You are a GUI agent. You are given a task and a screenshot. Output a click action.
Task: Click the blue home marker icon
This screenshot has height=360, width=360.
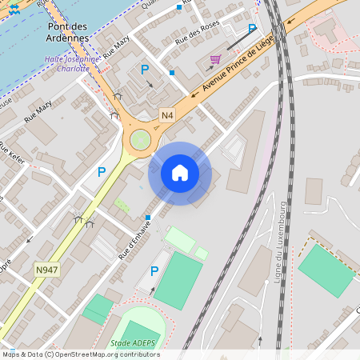pyautogui.click(x=180, y=173)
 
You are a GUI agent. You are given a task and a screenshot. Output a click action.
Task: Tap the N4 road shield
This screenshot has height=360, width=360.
pyautogui.click(x=166, y=114)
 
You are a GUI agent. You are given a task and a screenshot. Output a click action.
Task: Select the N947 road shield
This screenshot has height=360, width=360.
pyautogui.click(x=46, y=270)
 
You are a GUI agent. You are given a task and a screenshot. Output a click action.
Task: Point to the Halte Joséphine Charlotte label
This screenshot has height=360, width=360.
pyautogui.click(x=73, y=63)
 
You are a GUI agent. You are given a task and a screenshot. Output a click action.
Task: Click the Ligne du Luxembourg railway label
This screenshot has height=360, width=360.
pyautogui.click(x=281, y=240)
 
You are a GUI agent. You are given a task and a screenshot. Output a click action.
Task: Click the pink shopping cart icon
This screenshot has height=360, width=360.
pyautogui.click(x=215, y=59)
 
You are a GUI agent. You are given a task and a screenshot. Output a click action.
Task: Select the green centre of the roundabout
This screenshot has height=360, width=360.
pyautogui.click(x=142, y=140)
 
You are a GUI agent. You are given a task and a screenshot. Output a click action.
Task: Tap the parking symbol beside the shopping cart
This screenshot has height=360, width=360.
pyautogui.click(x=252, y=29)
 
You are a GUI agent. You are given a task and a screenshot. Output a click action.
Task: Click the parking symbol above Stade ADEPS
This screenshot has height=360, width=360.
pyautogui.click(x=155, y=271)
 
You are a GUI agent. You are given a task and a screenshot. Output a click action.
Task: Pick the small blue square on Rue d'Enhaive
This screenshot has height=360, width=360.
pyautogui.click(x=148, y=218)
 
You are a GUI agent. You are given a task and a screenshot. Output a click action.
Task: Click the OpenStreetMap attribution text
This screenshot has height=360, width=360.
pyautogui.click(x=81, y=354)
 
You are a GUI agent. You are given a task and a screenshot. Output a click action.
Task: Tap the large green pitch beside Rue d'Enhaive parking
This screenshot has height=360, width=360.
pyautogui.click(x=178, y=281)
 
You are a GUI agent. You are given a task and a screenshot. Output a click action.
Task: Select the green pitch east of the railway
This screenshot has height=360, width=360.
pyautogui.click(x=326, y=270)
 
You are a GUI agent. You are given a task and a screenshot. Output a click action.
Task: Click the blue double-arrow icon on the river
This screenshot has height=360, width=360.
pyautogui.click(x=13, y=7)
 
